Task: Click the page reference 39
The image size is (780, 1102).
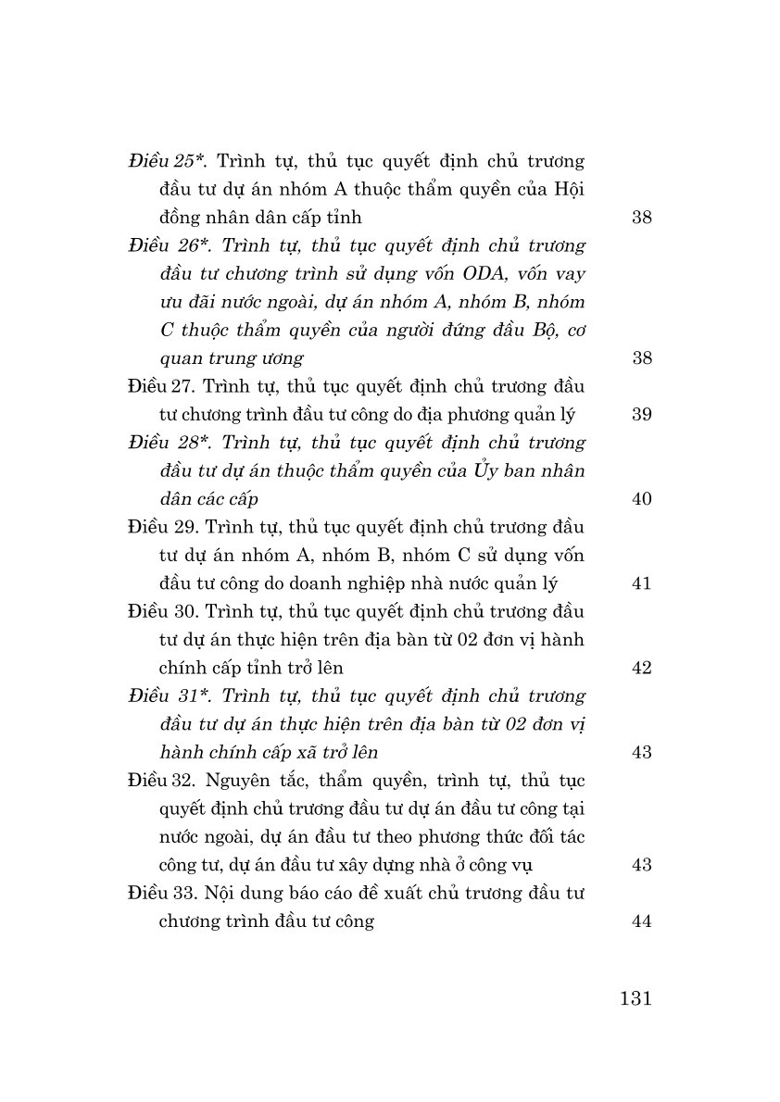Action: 641,415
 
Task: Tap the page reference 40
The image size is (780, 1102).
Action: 641,499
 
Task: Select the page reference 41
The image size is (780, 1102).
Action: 641,583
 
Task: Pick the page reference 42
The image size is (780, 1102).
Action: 641,668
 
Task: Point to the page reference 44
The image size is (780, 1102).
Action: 641,921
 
